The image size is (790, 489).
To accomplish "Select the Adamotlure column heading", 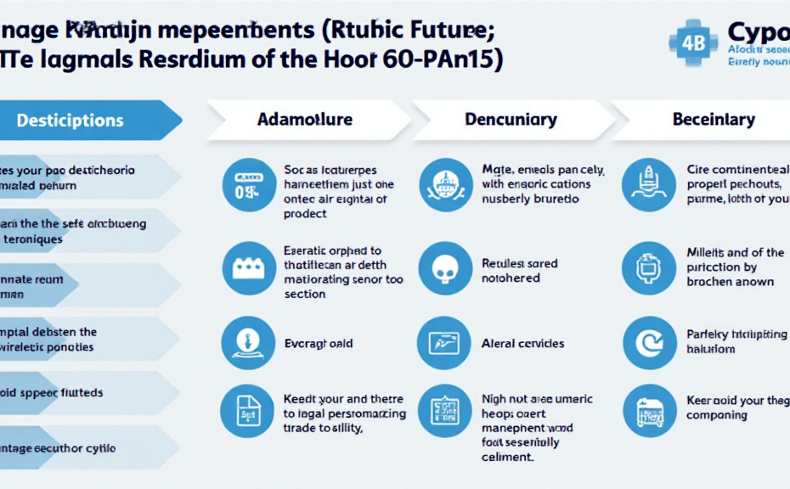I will point(304,120).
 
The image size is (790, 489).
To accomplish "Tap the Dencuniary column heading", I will point(511,120).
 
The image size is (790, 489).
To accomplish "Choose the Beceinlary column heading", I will point(714,120).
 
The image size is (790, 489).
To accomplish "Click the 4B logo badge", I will point(693,43).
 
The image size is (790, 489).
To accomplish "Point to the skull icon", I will point(444,269).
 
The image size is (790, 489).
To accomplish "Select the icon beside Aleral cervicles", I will point(443,343).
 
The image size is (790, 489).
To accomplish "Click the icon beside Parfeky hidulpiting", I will point(649,343).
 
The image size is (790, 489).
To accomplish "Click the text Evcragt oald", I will point(318,344).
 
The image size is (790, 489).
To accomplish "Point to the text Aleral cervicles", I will point(522,344).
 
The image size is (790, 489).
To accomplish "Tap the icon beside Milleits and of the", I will point(649,268).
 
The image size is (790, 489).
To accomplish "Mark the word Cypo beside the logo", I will point(758,32).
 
